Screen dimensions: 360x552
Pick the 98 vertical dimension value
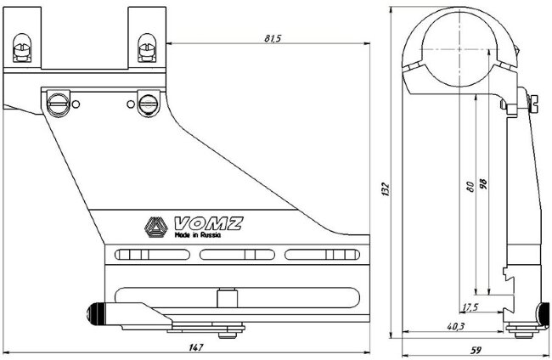click(x=483, y=184)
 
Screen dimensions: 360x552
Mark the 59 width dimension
click(x=476, y=350)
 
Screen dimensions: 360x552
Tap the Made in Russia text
click(x=196, y=238)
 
